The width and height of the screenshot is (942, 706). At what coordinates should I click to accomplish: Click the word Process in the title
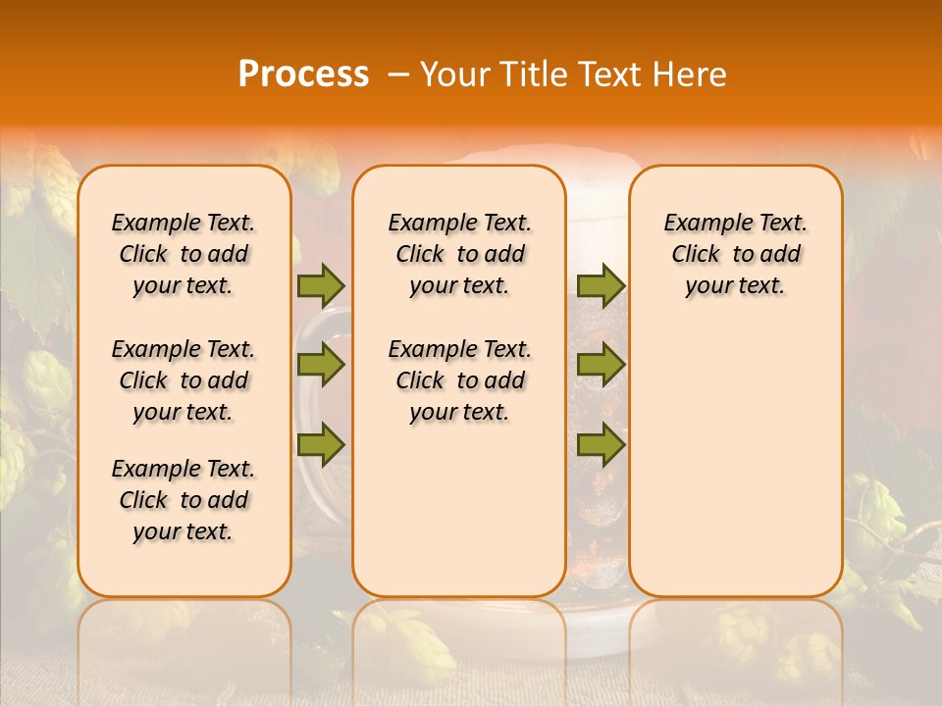(303, 75)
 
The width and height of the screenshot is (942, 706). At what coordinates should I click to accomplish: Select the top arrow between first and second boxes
(321, 285)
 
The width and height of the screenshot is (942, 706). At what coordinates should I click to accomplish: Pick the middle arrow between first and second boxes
(321, 366)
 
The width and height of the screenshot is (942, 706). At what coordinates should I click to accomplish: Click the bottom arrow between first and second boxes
(321, 445)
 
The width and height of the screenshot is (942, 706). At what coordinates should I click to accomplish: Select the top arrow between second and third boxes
(601, 285)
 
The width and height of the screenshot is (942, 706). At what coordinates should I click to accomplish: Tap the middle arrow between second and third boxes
(601, 366)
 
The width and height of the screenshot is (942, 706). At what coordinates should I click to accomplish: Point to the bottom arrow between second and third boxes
(601, 445)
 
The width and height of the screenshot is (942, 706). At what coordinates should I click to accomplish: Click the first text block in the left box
(183, 254)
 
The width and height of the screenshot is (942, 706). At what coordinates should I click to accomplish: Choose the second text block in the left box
(183, 380)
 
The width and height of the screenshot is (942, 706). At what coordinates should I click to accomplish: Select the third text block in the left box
(183, 500)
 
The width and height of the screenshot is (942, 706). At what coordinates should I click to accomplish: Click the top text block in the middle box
(459, 254)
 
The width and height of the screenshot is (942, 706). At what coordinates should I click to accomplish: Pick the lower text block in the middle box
(459, 380)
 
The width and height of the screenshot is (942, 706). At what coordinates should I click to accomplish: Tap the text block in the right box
(735, 254)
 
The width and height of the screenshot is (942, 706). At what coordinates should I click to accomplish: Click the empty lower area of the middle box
(459, 510)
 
